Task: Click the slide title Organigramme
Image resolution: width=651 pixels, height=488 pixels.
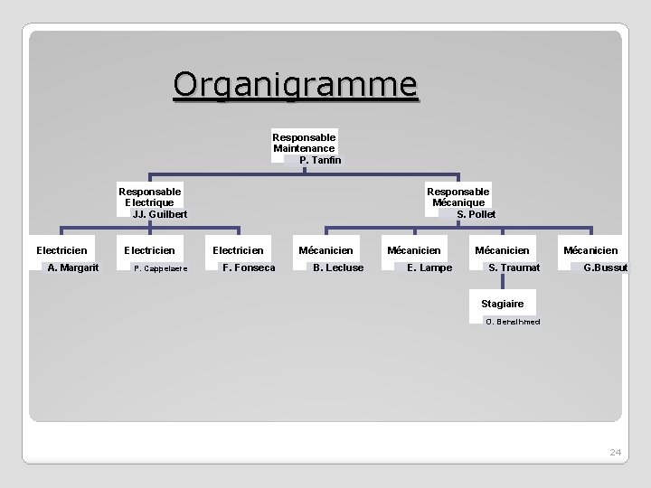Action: tap(296, 84)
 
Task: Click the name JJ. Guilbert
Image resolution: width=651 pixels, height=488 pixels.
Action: tap(160, 214)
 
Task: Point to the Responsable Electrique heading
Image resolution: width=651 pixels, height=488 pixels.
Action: tap(150, 197)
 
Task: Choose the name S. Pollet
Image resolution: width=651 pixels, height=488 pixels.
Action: tap(476, 214)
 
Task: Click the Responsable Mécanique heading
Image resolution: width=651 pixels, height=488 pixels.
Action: tap(458, 197)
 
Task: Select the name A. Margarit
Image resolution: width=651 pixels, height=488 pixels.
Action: tap(73, 267)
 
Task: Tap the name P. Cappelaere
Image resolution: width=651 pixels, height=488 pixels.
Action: tap(161, 268)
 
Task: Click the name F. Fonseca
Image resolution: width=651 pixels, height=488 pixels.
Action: tap(249, 267)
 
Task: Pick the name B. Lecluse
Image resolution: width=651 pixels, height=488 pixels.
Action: tap(338, 267)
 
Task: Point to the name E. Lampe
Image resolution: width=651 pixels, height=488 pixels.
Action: tap(429, 267)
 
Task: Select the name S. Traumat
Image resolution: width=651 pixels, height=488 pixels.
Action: tap(514, 267)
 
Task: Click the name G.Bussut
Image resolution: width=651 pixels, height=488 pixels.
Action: tap(606, 267)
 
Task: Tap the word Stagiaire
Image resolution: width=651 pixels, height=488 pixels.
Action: tap(502, 304)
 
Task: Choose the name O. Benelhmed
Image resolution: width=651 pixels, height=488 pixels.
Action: tap(513, 322)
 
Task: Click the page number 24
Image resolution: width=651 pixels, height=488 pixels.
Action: tap(616, 451)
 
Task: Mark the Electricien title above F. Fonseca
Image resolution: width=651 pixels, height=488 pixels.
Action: tap(237, 249)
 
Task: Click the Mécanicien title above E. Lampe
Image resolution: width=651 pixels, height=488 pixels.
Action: tap(414, 249)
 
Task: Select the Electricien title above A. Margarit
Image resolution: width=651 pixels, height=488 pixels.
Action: tap(61, 249)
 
